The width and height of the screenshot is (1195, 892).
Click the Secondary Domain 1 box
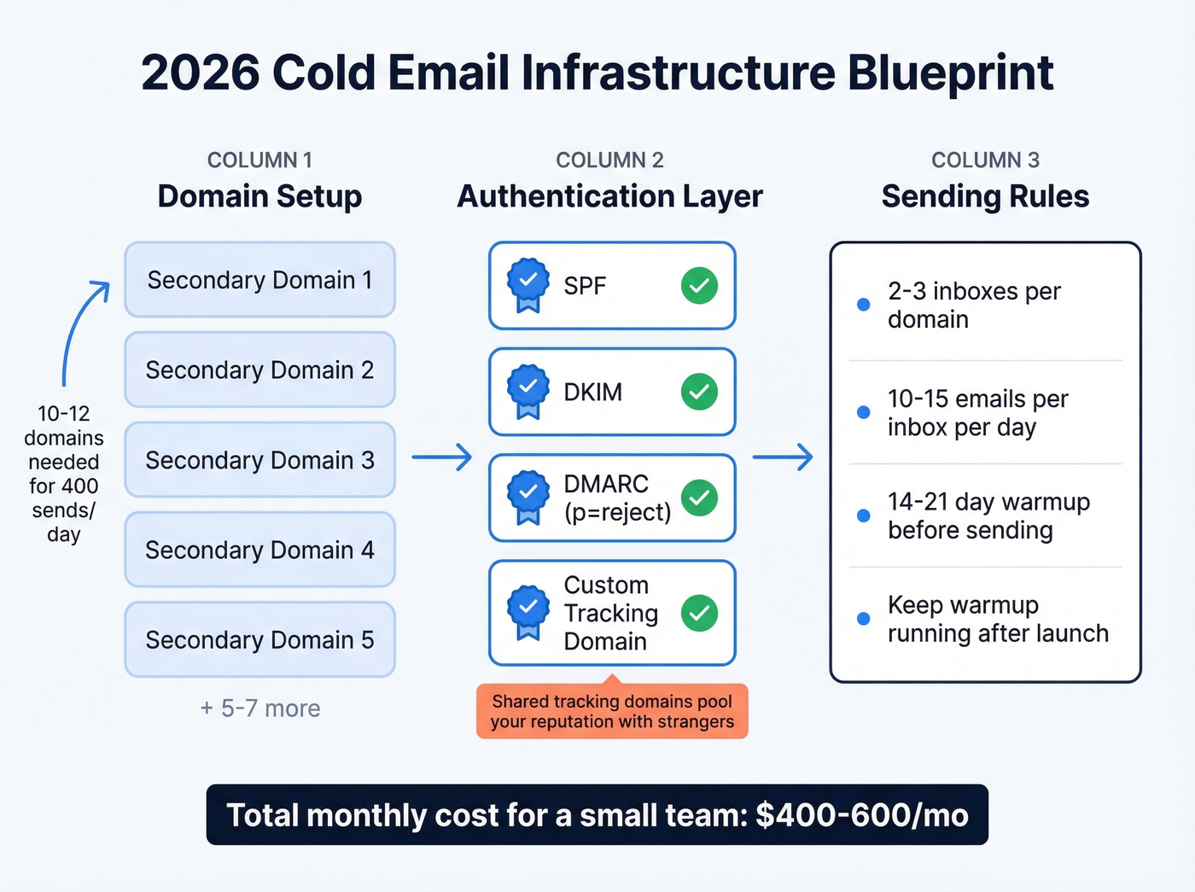click(x=259, y=280)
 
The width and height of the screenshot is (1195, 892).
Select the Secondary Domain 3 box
click(x=259, y=460)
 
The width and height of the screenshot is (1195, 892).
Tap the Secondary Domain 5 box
click(x=259, y=640)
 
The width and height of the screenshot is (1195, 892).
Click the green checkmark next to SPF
click(x=699, y=286)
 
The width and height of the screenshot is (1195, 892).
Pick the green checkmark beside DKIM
click(x=699, y=392)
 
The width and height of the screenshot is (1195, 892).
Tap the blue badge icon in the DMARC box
click(x=528, y=496)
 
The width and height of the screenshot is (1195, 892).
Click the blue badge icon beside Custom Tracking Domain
click(x=528, y=610)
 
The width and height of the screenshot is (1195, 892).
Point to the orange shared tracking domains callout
click(x=612, y=711)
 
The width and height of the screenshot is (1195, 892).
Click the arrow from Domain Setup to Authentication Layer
click(x=442, y=458)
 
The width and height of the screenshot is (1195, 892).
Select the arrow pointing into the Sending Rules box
click(x=783, y=458)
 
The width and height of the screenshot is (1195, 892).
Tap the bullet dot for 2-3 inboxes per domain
click(x=863, y=305)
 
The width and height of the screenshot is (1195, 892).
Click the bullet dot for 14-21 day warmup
click(x=863, y=516)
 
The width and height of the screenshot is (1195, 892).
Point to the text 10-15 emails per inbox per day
click(x=977, y=413)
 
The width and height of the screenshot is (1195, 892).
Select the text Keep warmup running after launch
click(x=997, y=619)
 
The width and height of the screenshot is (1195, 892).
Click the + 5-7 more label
click(x=260, y=708)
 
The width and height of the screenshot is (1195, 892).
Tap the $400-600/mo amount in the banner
click(x=862, y=815)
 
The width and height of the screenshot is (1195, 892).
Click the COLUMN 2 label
click(x=609, y=160)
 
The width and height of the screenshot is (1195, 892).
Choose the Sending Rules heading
click(x=985, y=196)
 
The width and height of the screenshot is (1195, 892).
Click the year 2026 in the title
click(x=200, y=73)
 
